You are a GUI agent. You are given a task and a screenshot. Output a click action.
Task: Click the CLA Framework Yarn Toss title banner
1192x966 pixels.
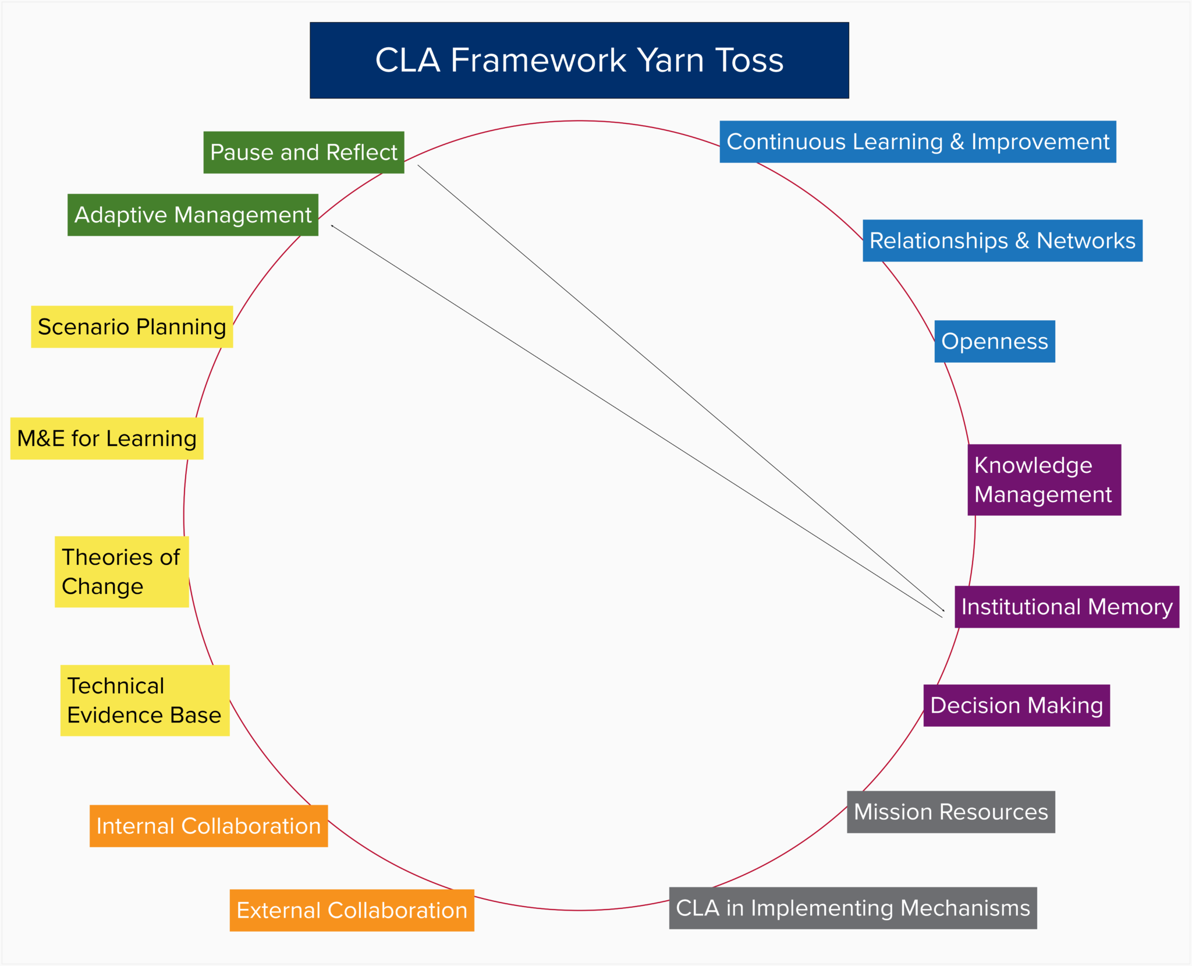pos(579,60)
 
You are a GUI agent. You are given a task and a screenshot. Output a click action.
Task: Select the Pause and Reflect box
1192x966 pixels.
pos(303,152)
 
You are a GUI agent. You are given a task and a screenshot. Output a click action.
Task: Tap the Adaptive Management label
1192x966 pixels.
pos(193,215)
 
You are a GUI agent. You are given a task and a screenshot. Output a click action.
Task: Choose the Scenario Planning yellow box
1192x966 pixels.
pos(132,327)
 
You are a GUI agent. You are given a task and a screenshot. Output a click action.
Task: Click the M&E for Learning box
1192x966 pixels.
pos(107,438)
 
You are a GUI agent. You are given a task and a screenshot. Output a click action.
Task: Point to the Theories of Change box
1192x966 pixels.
pos(122,572)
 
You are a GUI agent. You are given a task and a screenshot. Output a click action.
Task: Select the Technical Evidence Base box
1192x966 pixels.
pos(144,700)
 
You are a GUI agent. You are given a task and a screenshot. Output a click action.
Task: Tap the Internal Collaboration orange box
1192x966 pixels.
pos(208,826)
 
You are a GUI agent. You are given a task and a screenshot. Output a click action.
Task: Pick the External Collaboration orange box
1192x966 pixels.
pos(352,910)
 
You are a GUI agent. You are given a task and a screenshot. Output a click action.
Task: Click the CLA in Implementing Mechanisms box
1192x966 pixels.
pos(853,908)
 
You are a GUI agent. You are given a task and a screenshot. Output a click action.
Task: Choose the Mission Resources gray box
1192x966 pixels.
pos(950,812)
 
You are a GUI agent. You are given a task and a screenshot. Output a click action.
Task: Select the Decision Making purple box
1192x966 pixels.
pos(1016,705)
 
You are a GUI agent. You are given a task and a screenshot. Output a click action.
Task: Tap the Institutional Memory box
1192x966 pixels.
pos(1066,607)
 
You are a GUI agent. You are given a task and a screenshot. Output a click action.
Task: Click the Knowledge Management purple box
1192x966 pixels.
pos(1044,480)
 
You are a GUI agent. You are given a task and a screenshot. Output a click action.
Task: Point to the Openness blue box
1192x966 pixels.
pos(994,341)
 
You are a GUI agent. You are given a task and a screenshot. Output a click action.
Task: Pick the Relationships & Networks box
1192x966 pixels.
pos(1002,240)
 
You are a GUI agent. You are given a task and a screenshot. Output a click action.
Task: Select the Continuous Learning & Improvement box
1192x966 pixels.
pos(917,141)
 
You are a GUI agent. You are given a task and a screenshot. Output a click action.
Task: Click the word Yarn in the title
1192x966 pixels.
pos(670,60)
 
